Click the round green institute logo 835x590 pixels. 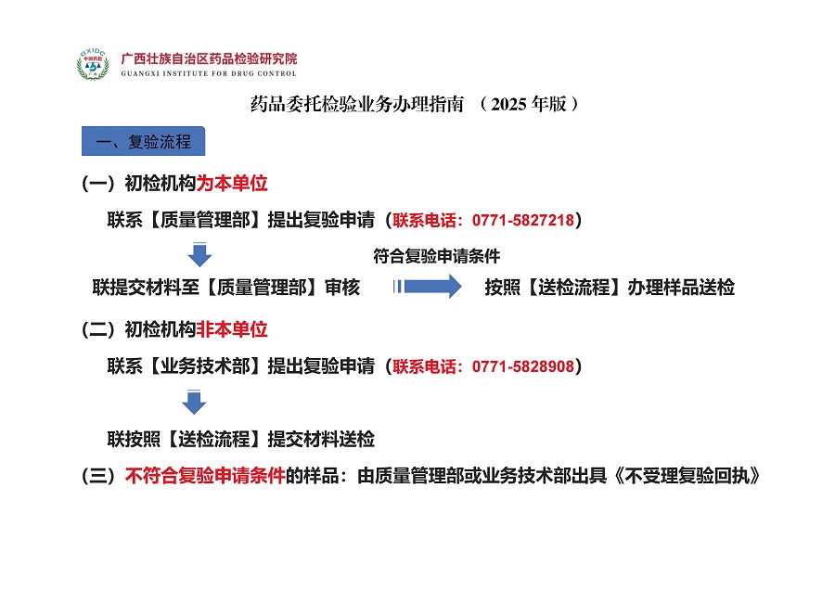(93, 64)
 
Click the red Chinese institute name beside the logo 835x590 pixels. (210, 58)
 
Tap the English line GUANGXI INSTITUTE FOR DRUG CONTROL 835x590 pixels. (209, 73)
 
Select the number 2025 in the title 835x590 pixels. (508, 104)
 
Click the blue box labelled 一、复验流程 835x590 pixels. (143, 141)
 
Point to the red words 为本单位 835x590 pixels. (232, 183)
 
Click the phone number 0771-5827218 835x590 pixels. (523, 220)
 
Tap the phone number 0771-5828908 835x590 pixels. (523, 366)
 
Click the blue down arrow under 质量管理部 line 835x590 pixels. (199, 254)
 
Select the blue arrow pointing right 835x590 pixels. (427, 287)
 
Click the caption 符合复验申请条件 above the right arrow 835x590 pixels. (437, 256)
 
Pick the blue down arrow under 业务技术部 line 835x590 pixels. (194, 402)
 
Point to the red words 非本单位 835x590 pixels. (232, 329)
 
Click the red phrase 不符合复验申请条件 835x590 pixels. (206, 476)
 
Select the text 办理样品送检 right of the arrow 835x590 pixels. (681, 287)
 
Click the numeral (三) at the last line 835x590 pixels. (98, 476)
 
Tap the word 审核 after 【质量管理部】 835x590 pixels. (342, 287)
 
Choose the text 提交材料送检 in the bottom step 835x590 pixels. (321, 440)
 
